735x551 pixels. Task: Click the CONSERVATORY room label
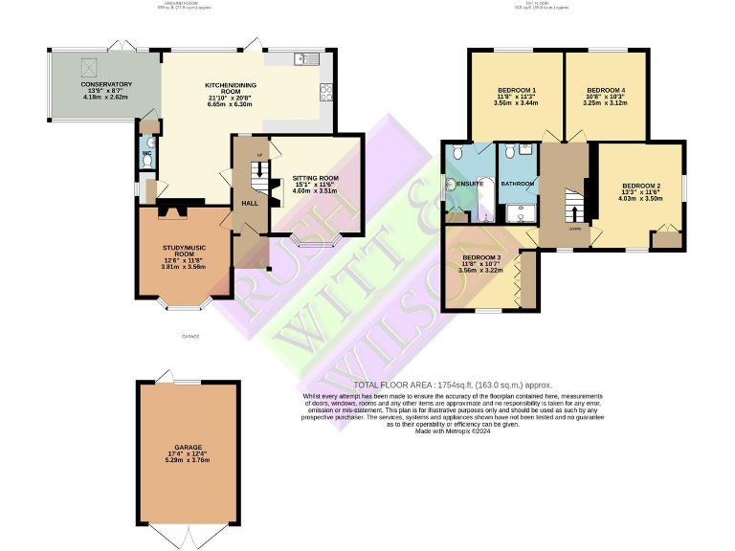pyautogui.click(x=107, y=84)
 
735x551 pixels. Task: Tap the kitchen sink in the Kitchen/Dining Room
pyautogui.click(x=307, y=58)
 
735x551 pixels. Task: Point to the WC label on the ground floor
pyautogui.click(x=146, y=153)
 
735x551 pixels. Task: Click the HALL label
pyautogui.click(x=250, y=203)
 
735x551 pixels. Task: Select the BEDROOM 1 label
pyautogui.click(x=515, y=89)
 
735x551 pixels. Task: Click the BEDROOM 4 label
pyautogui.click(x=606, y=89)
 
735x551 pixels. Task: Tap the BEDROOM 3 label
pyautogui.click(x=481, y=257)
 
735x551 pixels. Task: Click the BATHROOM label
pyautogui.click(x=517, y=183)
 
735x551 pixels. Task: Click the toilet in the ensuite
pyautogui.click(x=457, y=153)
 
